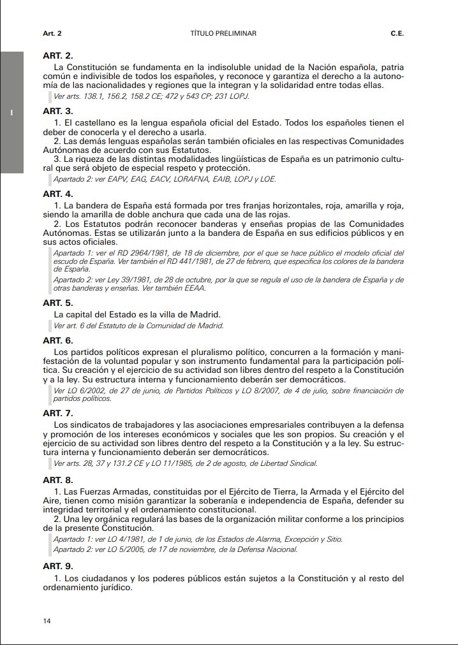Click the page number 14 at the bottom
tap(47, 621)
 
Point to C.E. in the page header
tap(397, 33)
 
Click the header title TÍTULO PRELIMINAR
tap(223, 33)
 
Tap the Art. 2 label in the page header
tap(52, 33)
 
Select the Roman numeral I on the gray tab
tap(11, 113)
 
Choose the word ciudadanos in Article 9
tap(96, 579)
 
